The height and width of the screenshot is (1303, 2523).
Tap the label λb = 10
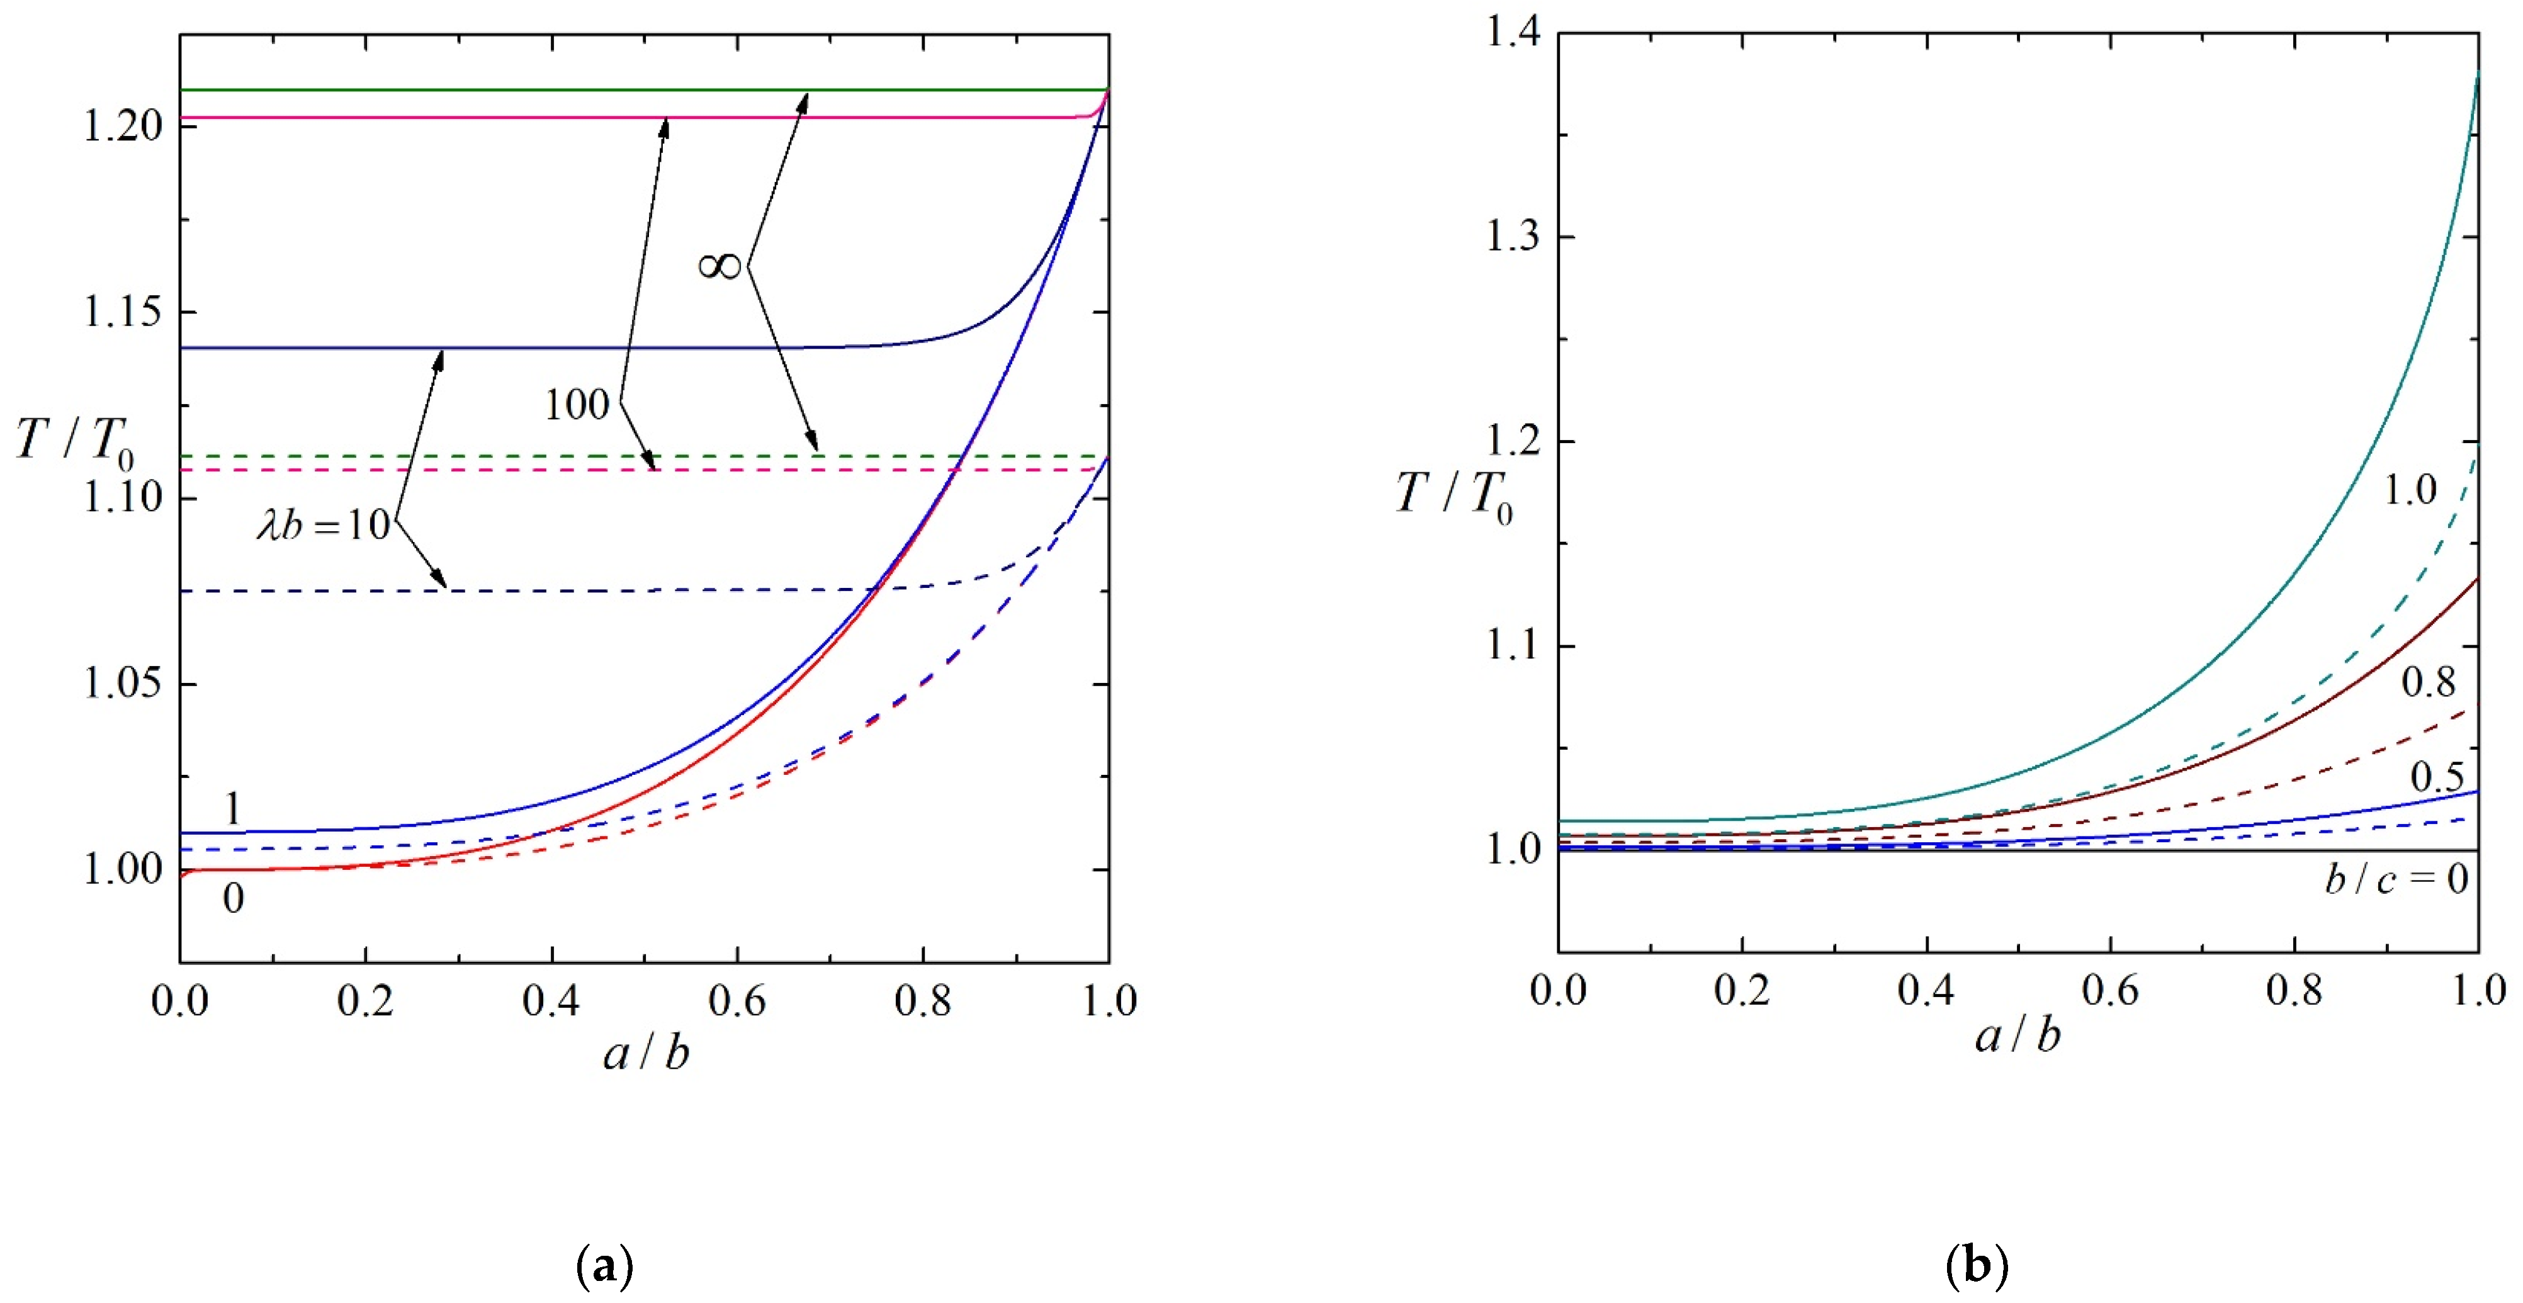[323, 526]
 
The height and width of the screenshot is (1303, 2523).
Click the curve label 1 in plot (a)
[232, 809]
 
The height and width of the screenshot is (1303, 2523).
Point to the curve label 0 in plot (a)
[233, 898]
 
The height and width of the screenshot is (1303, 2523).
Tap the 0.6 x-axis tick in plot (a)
[737, 1001]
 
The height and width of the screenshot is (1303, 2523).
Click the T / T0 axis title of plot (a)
[74, 441]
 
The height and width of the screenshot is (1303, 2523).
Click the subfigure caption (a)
[606, 1266]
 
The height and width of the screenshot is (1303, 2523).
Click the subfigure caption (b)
[1977, 1266]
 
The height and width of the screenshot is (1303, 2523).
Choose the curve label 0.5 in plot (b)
[2437, 777]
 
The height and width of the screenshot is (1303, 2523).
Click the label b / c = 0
[2396, 879]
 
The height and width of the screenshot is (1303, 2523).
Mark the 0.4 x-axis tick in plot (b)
[1926, 991]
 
